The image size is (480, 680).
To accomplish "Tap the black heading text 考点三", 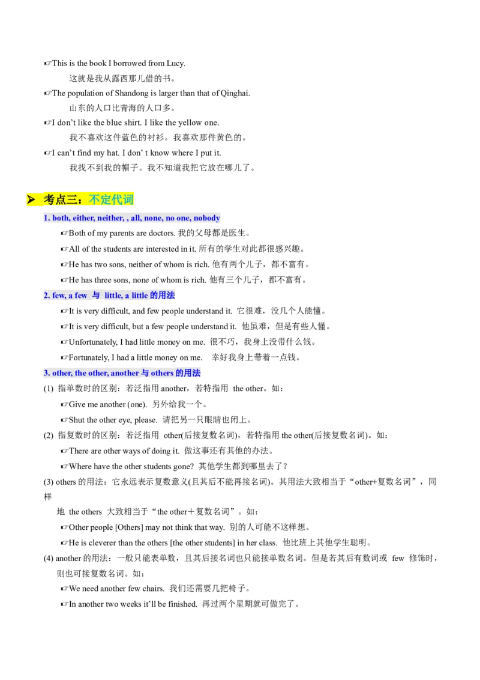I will pos(65,199).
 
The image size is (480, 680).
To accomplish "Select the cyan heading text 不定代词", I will pos(111,199).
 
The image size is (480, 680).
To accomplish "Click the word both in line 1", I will pos(61,218).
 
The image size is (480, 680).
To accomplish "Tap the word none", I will pos(153,218).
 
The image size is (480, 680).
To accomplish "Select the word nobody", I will pos(206,218).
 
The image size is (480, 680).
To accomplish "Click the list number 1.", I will pos(46,218).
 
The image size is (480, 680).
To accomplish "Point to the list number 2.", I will pos(46,296).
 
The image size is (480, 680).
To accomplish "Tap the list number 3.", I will pos(46,373).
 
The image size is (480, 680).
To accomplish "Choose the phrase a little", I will pos(136,296).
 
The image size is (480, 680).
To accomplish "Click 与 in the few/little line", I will pos(96,296).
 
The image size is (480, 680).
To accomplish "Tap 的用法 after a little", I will pos(163,296).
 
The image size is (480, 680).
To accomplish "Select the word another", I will pos(125,373).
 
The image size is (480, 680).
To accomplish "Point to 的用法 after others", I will pos(188,373).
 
